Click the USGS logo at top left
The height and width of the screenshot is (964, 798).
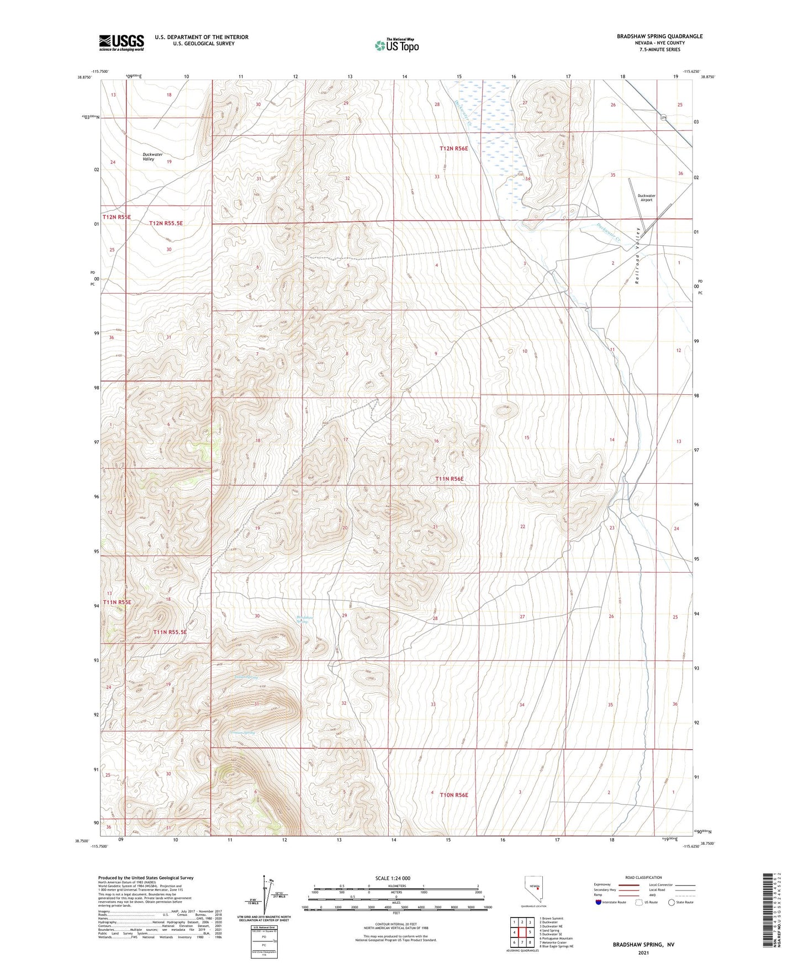pyautogui.click(x=121, y=42)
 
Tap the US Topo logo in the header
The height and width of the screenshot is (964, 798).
pyautogui.click(x=397, y=45)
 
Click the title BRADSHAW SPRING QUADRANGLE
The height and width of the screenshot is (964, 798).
pyautogui.click(x=659, y=36)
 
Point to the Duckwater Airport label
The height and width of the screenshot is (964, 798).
pyautogui.click(x=646, y=198)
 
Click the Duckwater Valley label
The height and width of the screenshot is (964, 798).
pyautogui.click(x=152, y=157)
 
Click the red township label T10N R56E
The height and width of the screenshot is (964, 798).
pyautogui.click(x=453, y=795)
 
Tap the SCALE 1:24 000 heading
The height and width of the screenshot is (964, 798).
pyautogui.click(x=392, y=878)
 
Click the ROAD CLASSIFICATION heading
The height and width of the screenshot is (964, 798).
pyautogui.click(x=643, y=877)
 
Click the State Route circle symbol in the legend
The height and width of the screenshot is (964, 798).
pyautogui.click(x=671, y=902)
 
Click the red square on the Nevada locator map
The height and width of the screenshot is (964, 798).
pyautogui.click(x=538, y=889)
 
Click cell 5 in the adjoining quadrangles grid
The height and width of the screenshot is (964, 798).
pyautogui.click(x=530, y=932)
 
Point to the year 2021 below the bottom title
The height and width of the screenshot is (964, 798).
pyautogui.click(x=643, y=952)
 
